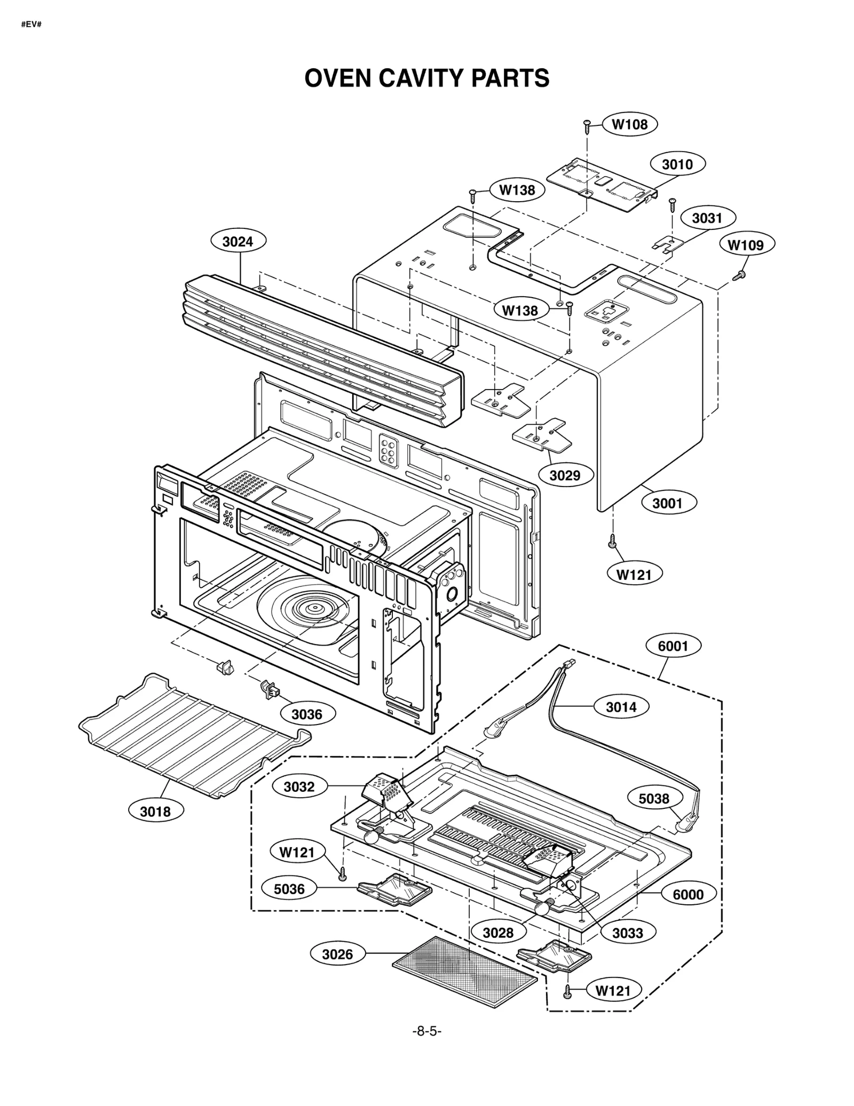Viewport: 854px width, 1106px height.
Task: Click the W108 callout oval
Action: tap(629, 124)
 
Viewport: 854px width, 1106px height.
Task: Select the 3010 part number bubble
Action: tap(677, 164)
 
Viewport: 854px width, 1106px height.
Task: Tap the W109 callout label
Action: tap(746, 245)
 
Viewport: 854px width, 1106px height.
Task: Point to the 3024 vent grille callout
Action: tap(238, 242)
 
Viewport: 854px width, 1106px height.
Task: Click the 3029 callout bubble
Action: tap(565, 475)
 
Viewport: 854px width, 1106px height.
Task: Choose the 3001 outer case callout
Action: tap(667, 503)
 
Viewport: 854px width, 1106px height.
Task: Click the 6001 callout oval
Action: tap(673, 646)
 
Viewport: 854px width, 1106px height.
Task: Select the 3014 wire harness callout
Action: tap(621, 707)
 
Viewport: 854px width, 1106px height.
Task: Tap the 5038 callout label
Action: tap(653, 798)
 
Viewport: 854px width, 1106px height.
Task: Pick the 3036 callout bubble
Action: tap(307, 714)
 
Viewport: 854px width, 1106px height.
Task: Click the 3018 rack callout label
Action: tap(155, 811)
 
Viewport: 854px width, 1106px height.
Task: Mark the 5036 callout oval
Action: tap(289, 888)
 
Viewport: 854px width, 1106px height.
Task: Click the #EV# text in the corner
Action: tap(31, 25)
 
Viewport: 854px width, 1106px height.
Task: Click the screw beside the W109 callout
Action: tap(739, 275)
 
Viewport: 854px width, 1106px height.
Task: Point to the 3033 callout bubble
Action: tap(627, 933)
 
